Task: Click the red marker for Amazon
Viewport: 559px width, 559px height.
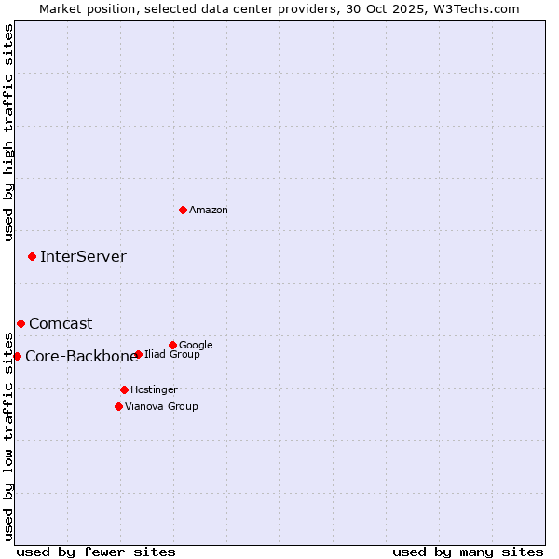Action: [x=183, y=210]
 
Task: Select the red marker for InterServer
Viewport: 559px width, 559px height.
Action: [x=32, y=256]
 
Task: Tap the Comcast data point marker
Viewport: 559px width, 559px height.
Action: [x=20, y=323]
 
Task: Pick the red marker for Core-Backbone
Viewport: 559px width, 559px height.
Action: [x=17, y=356]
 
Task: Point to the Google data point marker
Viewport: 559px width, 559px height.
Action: [x=172, y=345]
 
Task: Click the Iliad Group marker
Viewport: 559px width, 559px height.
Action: [x=138, y=354]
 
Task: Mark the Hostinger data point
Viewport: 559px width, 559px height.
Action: [x=124, y=389]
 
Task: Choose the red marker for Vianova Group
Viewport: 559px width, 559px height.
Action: [x=118, y=406]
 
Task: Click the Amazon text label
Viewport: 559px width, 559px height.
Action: [x=209, y=211]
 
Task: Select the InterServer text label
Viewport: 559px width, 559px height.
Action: [x=83, y=257]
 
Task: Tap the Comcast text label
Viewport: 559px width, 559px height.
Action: [x=61, y=324]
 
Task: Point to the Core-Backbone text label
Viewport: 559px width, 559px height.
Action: [x=82, y=356]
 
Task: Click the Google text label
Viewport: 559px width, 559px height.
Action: [x=196, y=345]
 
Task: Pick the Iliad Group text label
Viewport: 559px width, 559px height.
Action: [x=172, y=355]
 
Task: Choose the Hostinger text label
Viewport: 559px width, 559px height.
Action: [x=154, y=389]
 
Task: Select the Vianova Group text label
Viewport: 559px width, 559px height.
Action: [x=161, y=407]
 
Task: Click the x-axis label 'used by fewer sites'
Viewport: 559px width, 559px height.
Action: [x=96, y=552]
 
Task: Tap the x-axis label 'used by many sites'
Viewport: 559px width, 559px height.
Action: [x=468, y=552]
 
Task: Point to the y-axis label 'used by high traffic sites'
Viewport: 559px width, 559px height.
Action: [x=8, y=132]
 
